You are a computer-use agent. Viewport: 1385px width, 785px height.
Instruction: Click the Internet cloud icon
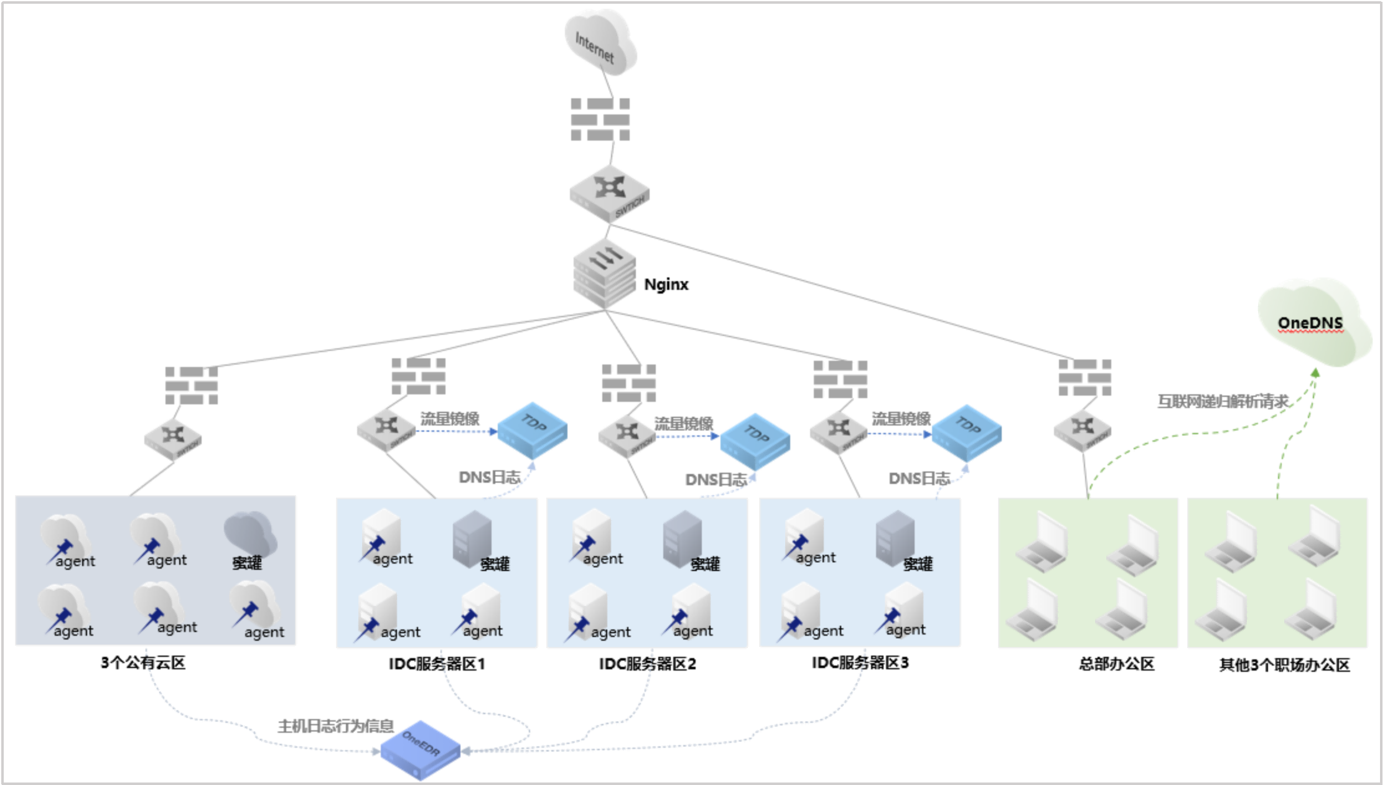point(600,44)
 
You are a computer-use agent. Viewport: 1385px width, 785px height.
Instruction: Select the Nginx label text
point(666,284)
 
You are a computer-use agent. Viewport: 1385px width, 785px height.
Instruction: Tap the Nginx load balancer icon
point(604,274)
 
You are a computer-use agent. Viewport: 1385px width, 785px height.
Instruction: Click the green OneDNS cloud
point(1313,323)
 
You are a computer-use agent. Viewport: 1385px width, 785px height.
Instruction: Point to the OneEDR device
point(421,750)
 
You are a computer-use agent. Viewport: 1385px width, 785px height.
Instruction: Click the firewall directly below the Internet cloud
point(600,119)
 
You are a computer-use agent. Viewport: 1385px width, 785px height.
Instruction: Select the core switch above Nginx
point(609,193)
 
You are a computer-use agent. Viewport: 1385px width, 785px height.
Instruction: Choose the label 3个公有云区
point(143,663)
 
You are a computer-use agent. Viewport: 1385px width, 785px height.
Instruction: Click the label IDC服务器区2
point(647,664)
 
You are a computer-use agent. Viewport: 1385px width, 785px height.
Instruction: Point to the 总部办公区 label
point(1116,664)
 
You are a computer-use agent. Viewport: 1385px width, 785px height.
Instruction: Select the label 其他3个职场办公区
point(1284,665)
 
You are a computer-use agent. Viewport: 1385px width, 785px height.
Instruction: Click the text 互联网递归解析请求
point(1223,402)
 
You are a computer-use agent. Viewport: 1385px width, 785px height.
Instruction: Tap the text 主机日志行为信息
point(335,726)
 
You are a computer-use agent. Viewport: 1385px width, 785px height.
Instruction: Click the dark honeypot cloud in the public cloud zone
point(250,535)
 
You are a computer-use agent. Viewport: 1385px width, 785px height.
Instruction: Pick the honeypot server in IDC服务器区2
point(683,539)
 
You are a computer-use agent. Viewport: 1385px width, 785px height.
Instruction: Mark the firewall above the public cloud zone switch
point(191,385)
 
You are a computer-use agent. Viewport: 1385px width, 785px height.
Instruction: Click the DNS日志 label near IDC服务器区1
point(489,477)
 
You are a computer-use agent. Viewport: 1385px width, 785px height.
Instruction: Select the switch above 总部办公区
point(1083,430)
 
